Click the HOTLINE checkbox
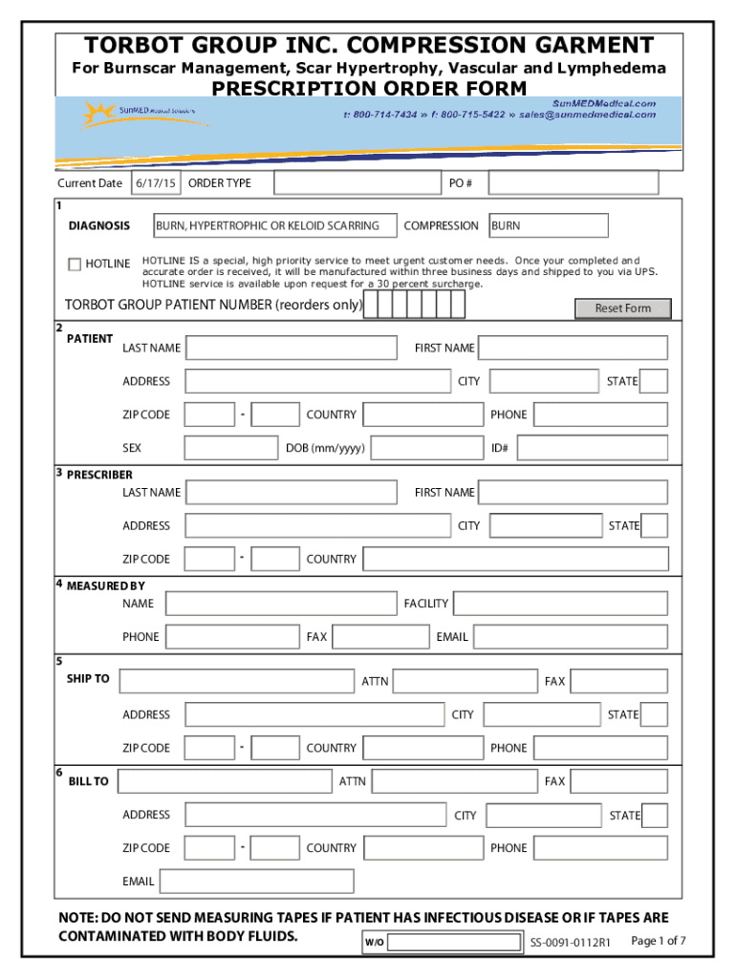(75, 265)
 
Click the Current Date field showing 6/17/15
(155, 182)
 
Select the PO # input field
(574, 182)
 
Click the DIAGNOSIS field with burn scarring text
(274, 226)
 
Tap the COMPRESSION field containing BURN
(548, 226)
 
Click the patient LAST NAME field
(291, 348)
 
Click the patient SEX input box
(230, 448)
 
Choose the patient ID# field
(591, 448)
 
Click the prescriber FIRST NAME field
(573, 493)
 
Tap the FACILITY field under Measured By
(560, 604)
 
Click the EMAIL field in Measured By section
(571, 637)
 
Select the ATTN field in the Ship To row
(465, 681)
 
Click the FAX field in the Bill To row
(618, 781)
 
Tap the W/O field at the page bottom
(456, 943)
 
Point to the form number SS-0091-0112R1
(571, 944)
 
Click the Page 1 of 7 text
(659, 941)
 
